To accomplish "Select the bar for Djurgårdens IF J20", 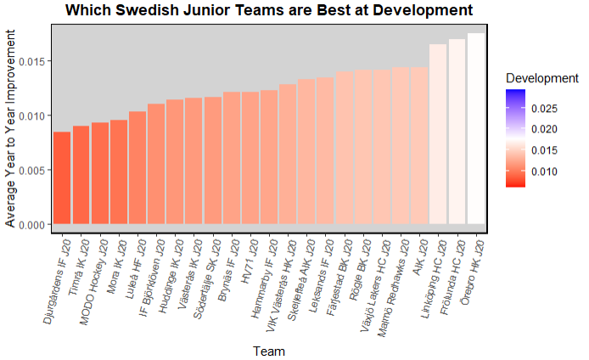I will [x=62, y=178].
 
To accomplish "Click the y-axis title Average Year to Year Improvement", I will [x=10, y=127].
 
